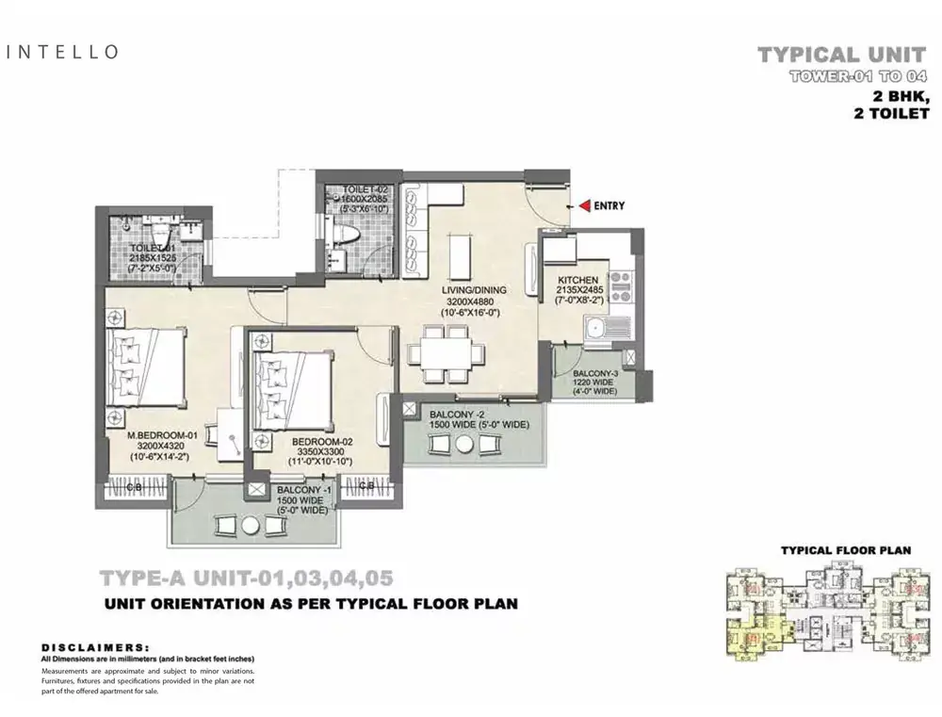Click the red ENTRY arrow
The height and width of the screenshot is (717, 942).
[x=584, y=205]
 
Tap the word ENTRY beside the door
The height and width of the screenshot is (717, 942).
[x=609, y=205]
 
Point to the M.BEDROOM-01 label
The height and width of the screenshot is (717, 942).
[x=163, y=435]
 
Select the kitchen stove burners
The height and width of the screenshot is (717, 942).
[x=621, y=285]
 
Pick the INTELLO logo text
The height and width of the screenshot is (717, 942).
[x=63, y=52]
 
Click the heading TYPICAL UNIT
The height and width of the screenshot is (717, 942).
[x=847, y=56]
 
